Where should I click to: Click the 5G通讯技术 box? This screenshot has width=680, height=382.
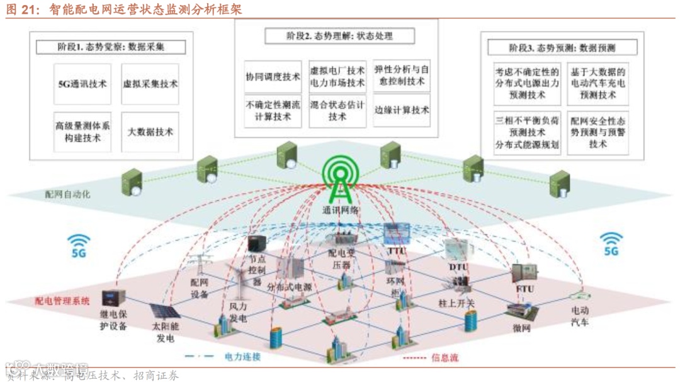[x=82, y=84]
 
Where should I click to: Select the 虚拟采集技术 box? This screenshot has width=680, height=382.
[x=150, y=84]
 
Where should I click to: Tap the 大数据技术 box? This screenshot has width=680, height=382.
[x=150, y=132]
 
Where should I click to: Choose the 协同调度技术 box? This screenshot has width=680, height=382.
[x=273, y=77]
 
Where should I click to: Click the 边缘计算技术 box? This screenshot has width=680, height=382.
[x=401, y=110]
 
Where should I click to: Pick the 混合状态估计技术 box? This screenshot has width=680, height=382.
[x=337, y=111]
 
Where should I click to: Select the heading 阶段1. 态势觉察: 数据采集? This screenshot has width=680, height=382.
[x=112, y=47]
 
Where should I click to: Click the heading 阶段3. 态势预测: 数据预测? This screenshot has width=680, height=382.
[x=562, y=48]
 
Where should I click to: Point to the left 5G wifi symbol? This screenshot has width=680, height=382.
[x=79, y=245]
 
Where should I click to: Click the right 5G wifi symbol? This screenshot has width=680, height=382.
[x=610, y=243]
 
